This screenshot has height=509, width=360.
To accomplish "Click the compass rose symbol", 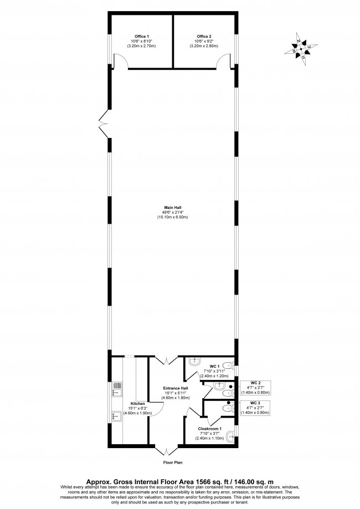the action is click(x=301, y=49).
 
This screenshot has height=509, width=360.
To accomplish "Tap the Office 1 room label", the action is click(x=142, y=37).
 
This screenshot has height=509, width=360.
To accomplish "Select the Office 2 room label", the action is click(x=204, y=37).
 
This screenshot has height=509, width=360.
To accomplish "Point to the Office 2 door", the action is click(x=224, y=61).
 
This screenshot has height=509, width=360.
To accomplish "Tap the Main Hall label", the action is click(x=173, y=208).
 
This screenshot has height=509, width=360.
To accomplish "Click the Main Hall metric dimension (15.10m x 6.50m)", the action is click(x=172, y=217).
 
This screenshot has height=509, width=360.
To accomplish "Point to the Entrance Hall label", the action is click(x=176, y=388).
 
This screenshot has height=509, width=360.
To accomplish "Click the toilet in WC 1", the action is click(x=229, y=365).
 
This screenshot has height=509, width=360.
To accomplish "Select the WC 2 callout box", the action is click(x=255, y=388).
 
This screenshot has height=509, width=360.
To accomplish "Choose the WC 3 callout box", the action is click(x=255, y=408).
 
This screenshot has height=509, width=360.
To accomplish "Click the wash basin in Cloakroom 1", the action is click(x=231, y=437).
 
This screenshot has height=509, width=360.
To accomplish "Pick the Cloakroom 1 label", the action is click(x=210, y=429).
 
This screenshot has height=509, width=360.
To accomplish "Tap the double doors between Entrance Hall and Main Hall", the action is click(x=166, y=361).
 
